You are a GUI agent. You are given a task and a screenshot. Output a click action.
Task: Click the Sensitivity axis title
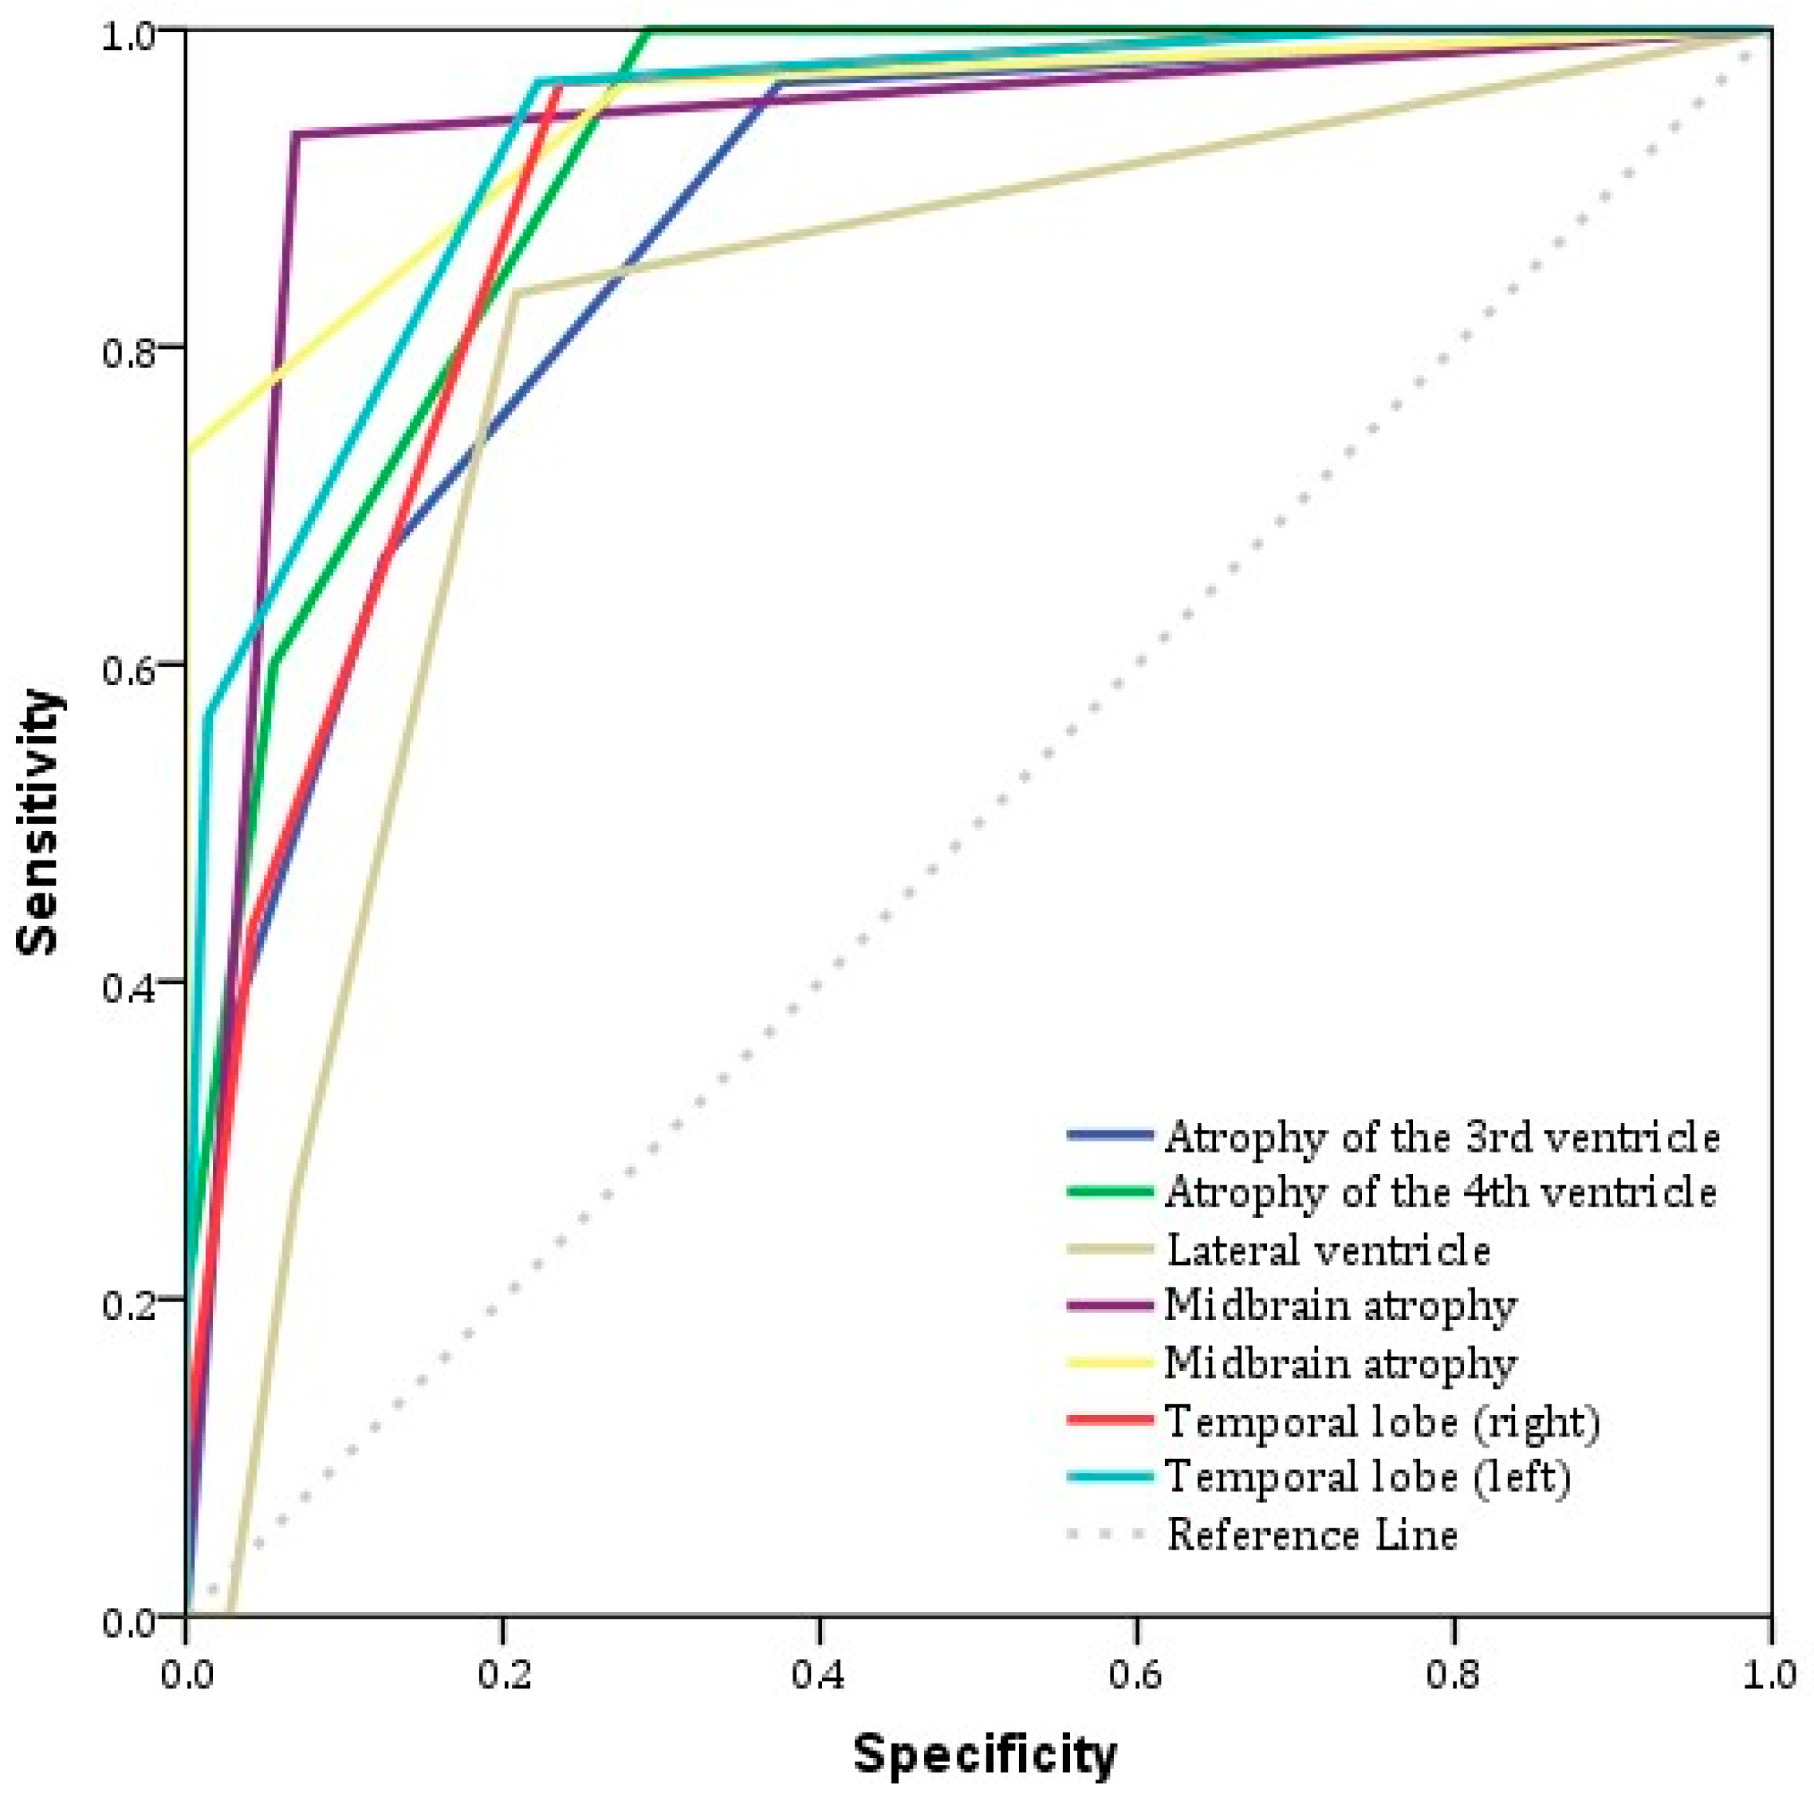[x=39, y=823]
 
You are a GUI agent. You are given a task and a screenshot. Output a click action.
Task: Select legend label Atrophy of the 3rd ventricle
[x=1442, y=1137]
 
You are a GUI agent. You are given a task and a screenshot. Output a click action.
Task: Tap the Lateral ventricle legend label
[x=1328, y=1251]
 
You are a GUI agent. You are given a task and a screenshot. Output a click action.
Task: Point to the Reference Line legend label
[x=1312, y=1535]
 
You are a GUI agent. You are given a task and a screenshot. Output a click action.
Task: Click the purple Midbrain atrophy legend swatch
[x=1110, y=1306]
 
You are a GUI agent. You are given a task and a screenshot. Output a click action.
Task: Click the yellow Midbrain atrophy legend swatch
[x=1110, y=1362]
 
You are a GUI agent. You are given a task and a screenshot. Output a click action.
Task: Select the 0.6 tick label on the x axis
[x=1137, y=1675]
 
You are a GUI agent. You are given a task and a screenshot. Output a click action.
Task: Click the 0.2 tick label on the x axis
[x=502, y=1675]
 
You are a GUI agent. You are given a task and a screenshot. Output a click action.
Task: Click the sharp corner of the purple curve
[x=295, y=134]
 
